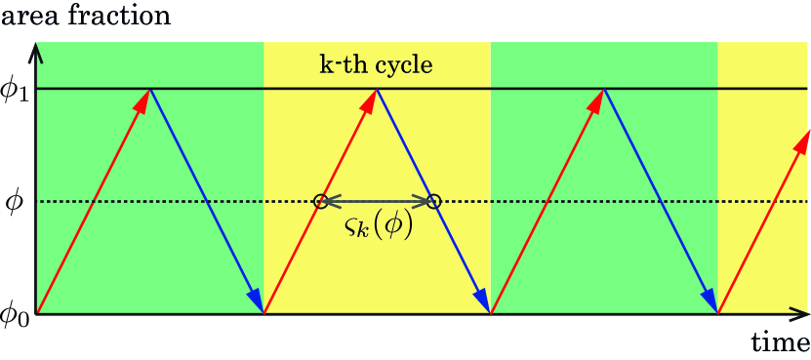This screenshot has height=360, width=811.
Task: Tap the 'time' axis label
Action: [780, 342]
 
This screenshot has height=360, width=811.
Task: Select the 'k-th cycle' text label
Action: [376, 66]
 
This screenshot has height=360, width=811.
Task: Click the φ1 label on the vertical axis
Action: [17, 91]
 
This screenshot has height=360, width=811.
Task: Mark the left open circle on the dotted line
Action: [320, 202]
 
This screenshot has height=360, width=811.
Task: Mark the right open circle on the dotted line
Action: [434, 202]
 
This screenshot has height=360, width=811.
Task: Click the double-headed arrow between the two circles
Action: [378, 202]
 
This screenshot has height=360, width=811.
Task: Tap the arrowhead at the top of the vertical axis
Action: [35, 50]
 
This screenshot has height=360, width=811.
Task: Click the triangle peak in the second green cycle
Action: [605, 89]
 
